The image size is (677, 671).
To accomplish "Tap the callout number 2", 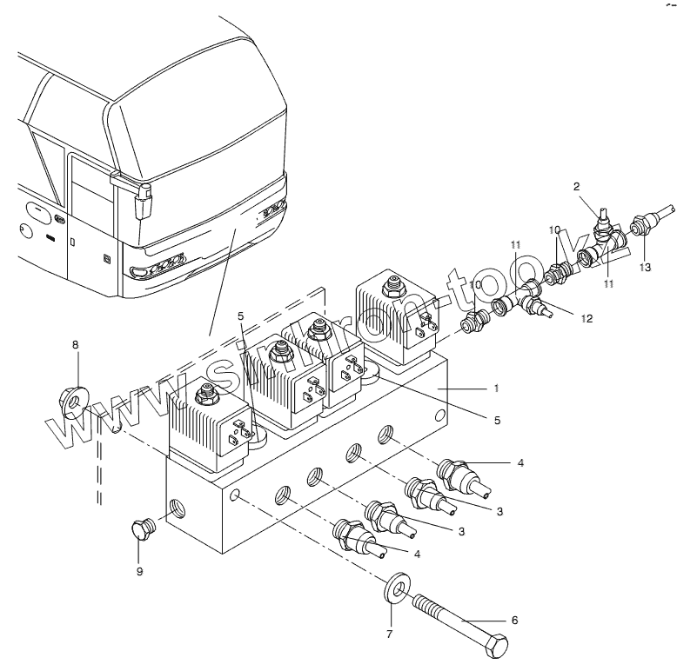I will coord(576,186).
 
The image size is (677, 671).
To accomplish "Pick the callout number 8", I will coord(76,345).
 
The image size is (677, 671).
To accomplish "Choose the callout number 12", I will coord(587,319).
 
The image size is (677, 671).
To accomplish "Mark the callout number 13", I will coord(644,267).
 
